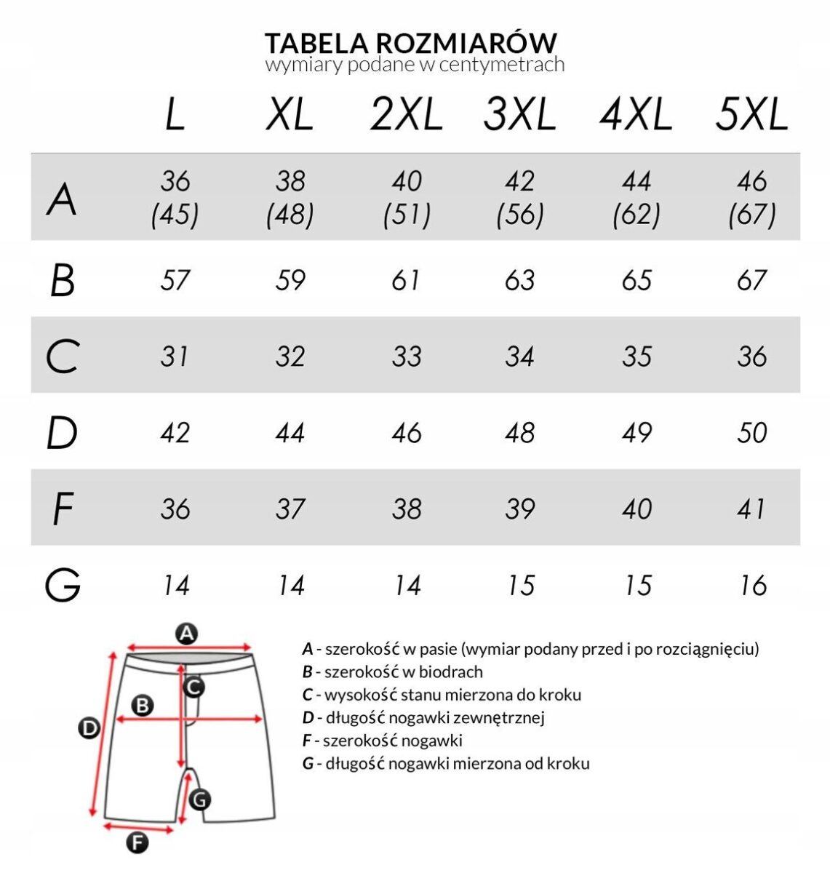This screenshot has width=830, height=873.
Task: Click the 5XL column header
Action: click(x=751, y=115)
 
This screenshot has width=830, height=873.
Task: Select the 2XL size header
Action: click(x=406, y=115)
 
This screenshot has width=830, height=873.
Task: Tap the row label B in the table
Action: click(x=63, y=281)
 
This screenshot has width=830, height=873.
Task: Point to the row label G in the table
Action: click(x=63, y=586)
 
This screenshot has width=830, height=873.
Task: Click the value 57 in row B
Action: click(x=175, y=281)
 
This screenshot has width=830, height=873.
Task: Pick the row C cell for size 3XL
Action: click(x=519, y=356)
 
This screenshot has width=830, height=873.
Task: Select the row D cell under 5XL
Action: click(x=751, y=433)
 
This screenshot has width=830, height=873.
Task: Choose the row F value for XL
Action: click(x=290, y=509)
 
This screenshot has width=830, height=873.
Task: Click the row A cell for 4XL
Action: click(x=637, y=197)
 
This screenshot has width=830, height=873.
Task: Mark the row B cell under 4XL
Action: click(x=637, y=281)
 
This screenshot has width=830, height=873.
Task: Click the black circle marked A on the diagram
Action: click(x=187, y=634)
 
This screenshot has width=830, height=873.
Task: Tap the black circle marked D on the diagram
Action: click(x=89, y=727)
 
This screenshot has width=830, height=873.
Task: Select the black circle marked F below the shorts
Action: click(x=137, y=842)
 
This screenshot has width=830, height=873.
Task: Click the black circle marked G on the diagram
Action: click(x=199, y=800)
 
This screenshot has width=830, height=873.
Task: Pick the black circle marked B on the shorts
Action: click(x=143, y=704)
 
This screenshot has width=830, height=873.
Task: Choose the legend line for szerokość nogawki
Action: click(x=383, y=741)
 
